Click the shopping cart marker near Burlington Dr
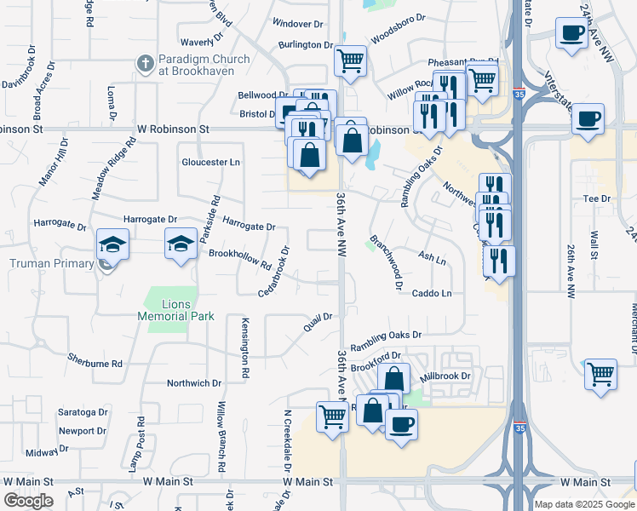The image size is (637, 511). tap(350, 60)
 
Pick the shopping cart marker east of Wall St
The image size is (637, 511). tap(601, 374)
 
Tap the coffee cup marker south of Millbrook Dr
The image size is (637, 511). tap(401, 423)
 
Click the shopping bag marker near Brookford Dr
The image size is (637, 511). tap(393, 378)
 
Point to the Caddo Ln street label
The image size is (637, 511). tap(432, 293)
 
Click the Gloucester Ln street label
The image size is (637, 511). tap(211, 162)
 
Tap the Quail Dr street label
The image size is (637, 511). tap(318, 322)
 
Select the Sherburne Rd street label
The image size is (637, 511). tap(95, 363)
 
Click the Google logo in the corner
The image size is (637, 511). tap(28, 501)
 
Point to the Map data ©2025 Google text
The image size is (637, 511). tap(584, 504)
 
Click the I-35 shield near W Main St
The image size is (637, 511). tap(519, 423)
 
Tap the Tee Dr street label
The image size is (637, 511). tap(597, 198)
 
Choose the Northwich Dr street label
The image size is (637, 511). tap(194, 383)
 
